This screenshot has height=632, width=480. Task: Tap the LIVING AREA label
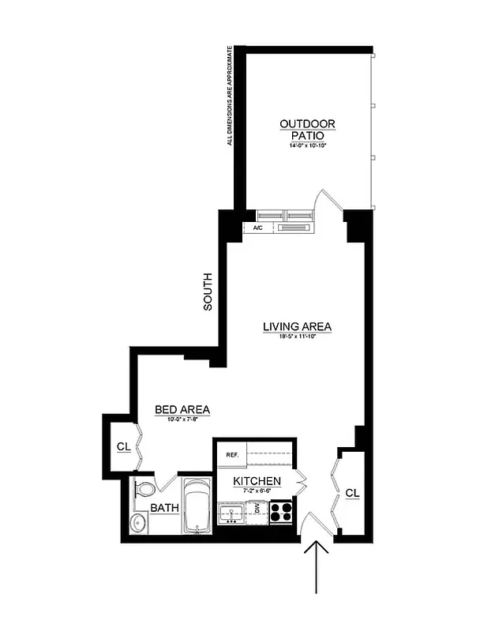pos(298,326)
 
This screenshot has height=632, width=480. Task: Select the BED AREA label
pos(182,409)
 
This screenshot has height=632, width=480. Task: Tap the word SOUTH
pos(208,292)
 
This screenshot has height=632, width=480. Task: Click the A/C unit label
pos(258,228)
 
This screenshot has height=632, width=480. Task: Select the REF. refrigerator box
pos(233,455)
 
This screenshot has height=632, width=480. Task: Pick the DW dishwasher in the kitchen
pos(256,510)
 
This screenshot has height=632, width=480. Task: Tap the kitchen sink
pos(232,514)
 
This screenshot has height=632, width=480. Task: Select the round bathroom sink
pos(140,522)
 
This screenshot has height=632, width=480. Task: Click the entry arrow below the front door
pos(317,565)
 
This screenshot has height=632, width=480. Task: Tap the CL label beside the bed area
pos(123,446)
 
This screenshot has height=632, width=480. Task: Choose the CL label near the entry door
pos(352,493)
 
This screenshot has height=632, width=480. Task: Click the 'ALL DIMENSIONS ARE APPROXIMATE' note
pos(230,96)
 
